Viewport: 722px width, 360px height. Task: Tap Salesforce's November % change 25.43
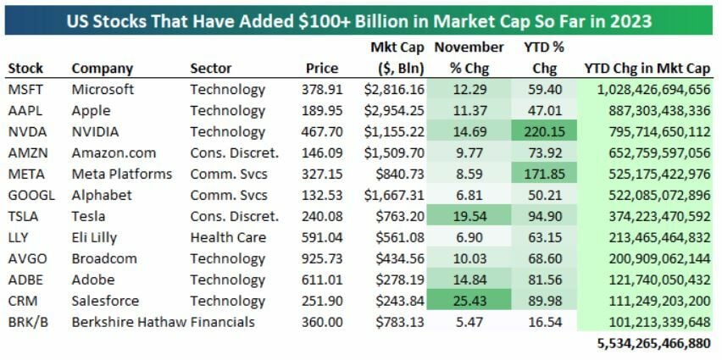point(469,301)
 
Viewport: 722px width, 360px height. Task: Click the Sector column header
point(211,68)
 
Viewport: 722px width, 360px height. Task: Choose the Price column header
point(321,68)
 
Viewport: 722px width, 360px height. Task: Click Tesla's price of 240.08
point(319,216)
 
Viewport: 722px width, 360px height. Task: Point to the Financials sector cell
point(221,322)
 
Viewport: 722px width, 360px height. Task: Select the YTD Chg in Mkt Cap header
point(647,68)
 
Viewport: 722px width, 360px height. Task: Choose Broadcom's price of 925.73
point(319,258)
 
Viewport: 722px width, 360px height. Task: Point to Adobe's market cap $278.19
point(395,280)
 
